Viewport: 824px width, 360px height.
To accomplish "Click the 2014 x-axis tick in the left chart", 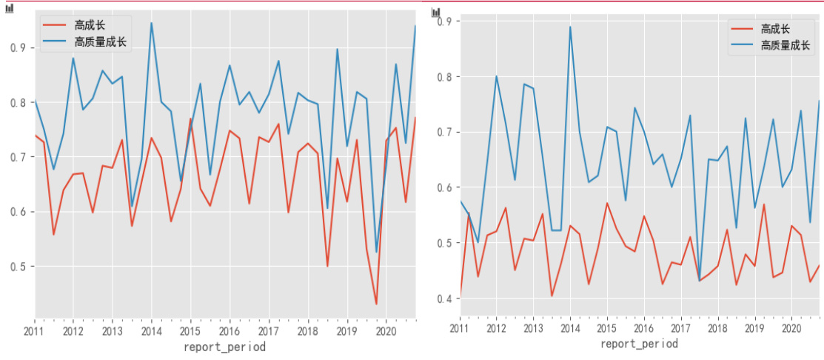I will [x=151, y=330].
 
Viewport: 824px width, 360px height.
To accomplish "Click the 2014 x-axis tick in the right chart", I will [x=570, y=327].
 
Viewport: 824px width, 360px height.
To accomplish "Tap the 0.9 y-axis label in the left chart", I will [x=19, y=48].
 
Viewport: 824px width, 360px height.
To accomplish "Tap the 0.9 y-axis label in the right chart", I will [x=444, y=21].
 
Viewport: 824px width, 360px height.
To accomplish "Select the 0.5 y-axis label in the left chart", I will [x=19, y=267].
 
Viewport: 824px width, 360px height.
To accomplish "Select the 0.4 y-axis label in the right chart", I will [x=444, y=299].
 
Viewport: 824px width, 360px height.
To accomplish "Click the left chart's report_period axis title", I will [x=224, y=346].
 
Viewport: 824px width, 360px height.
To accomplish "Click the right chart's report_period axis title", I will [x=638, y=344].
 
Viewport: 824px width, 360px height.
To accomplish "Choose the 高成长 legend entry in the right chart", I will [x=774, y=29].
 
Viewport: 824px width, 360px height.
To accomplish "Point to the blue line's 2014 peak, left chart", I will [x=151, y=23].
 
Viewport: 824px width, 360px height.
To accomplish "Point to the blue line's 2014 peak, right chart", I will [x=570, y=27].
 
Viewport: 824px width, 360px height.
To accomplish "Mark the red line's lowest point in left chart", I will [x=376, y=304].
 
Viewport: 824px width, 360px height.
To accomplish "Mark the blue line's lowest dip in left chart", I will [x=376, y=253].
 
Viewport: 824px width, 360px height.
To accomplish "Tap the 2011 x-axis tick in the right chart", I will [x=460, y=327].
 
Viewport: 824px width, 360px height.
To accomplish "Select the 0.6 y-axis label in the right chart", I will [x=444, y=187].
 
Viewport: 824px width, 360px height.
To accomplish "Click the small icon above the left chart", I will [x=10, y=8].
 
